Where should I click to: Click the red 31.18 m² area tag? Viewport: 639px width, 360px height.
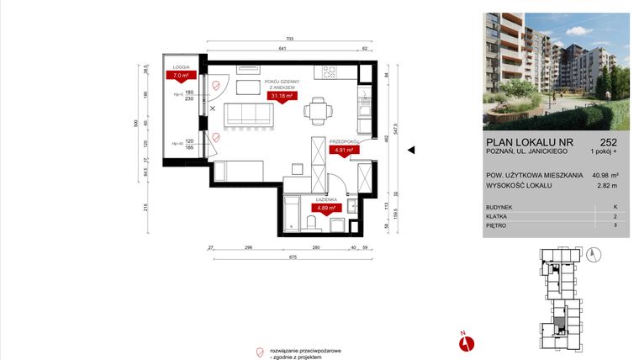tap(282, 96)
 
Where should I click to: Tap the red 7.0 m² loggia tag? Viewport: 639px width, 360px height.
tap(178, 75)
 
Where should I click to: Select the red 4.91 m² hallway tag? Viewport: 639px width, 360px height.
tap(344, 150)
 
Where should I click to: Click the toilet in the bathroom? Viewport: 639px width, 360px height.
tap(313, 222)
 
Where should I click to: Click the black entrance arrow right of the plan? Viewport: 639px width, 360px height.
tap(412, 151)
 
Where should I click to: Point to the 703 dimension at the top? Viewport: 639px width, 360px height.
tap(288, 40)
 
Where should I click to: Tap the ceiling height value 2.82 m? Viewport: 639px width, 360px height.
tap(606, 185)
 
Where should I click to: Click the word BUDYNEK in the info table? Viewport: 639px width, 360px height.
tap(500, 205)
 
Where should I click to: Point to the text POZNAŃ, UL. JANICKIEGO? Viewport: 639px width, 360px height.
tap(523, 151)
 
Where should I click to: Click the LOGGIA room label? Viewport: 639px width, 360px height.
tap(181, 66)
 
